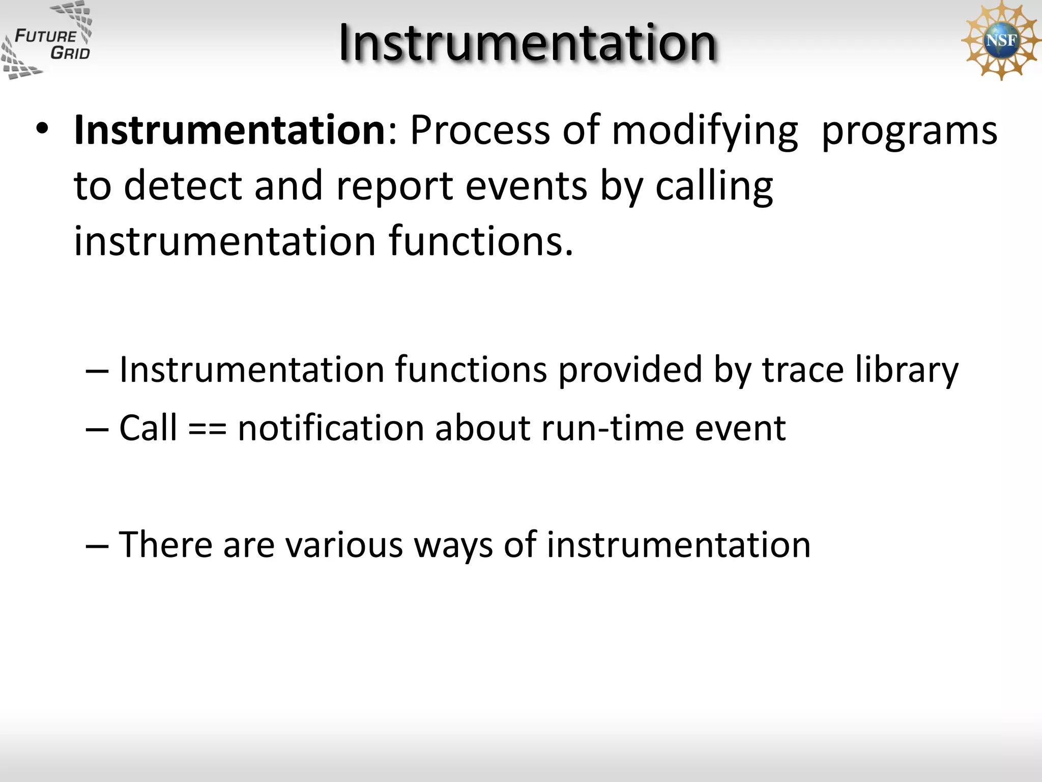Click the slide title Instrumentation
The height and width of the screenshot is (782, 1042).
528,43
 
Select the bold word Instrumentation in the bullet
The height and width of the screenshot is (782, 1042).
230,130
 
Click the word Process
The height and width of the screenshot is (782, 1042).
480,130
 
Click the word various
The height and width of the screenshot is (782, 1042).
344,545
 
